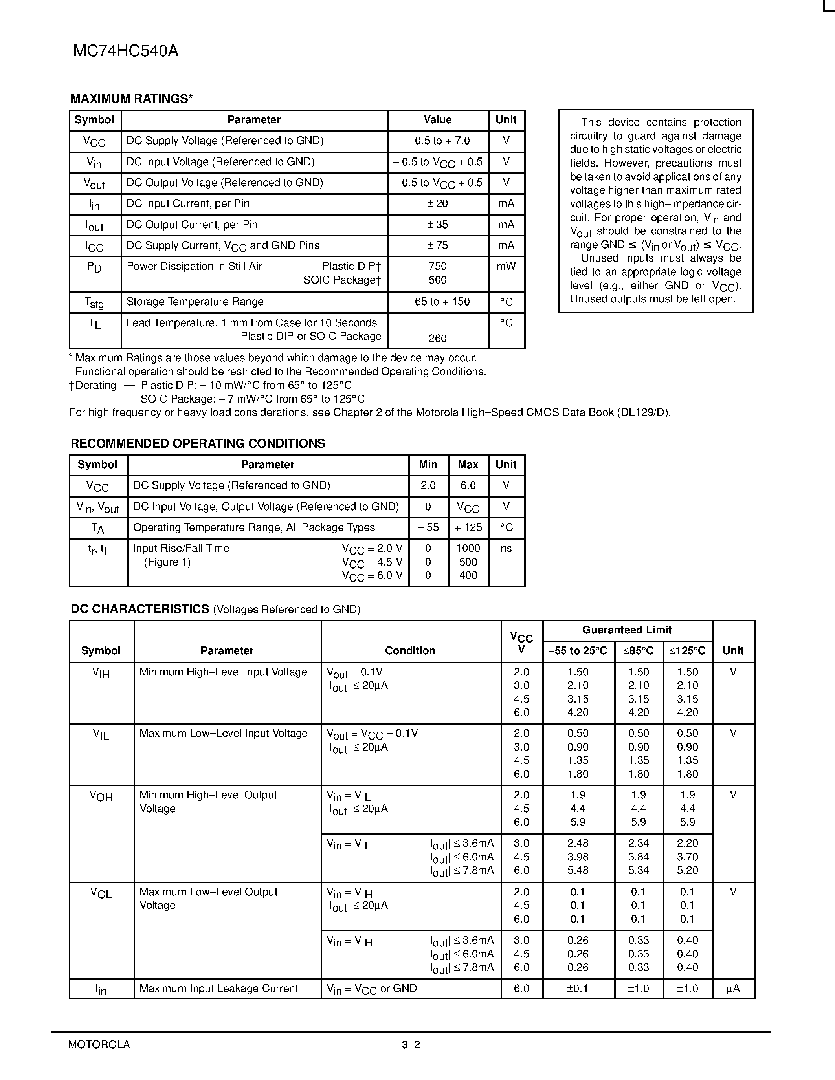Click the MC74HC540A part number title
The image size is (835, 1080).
126,51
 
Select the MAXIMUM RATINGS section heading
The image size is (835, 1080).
131,99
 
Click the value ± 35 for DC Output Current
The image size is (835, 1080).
437,225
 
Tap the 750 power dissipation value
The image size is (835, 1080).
437,267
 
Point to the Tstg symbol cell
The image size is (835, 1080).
94,302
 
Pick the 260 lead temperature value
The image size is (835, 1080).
437,339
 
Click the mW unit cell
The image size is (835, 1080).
506,267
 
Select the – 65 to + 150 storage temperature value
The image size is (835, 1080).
437,302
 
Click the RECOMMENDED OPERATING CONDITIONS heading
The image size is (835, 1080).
198,443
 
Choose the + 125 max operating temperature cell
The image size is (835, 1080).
468,528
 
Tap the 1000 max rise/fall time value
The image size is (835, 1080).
468,548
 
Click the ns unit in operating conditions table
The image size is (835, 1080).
506,548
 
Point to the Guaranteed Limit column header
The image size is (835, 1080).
627,630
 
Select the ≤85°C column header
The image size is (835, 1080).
638,651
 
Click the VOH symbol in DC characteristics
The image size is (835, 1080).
101,796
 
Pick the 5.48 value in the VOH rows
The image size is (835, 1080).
578,870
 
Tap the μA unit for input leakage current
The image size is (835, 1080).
733,988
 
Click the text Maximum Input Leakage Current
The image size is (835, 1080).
218,988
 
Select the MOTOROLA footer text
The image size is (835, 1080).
99,1044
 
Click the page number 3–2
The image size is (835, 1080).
411,1044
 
